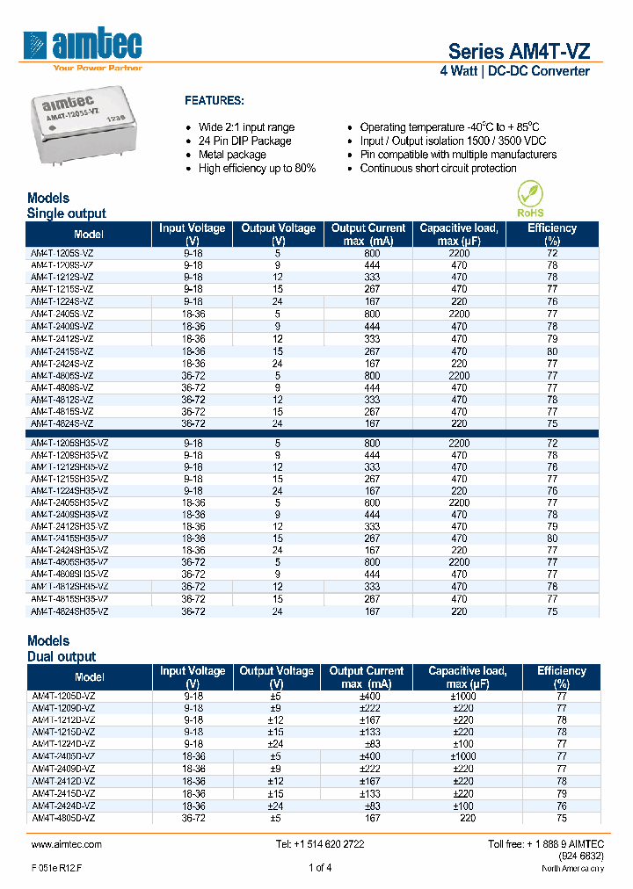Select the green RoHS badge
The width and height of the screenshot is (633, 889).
pos(529,199)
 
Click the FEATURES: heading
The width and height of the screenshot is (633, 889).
pos(215,101)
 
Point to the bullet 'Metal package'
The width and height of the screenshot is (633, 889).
pos(232,155)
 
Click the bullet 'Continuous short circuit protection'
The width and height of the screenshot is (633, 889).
pos(438,169)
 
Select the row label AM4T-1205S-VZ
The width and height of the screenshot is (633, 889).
pos(62,252)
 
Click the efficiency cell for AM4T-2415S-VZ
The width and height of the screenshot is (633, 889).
pos(551,351)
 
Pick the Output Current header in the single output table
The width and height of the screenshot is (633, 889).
pos(368,234)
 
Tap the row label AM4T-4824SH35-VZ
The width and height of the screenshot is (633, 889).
pos(69,611)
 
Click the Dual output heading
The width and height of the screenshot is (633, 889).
pos(62,656)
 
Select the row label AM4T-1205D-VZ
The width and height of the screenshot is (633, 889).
pos(63,695)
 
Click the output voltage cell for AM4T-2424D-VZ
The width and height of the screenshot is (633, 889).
pos(276,806)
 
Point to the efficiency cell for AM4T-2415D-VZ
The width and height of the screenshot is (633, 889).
pos(561,793)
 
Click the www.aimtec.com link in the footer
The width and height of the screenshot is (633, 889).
pos(67,844)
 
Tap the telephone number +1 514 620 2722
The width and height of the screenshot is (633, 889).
pos(319,844)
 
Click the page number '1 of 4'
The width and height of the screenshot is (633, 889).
pos(319,868)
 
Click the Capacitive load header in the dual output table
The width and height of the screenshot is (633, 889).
pos(467,676)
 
